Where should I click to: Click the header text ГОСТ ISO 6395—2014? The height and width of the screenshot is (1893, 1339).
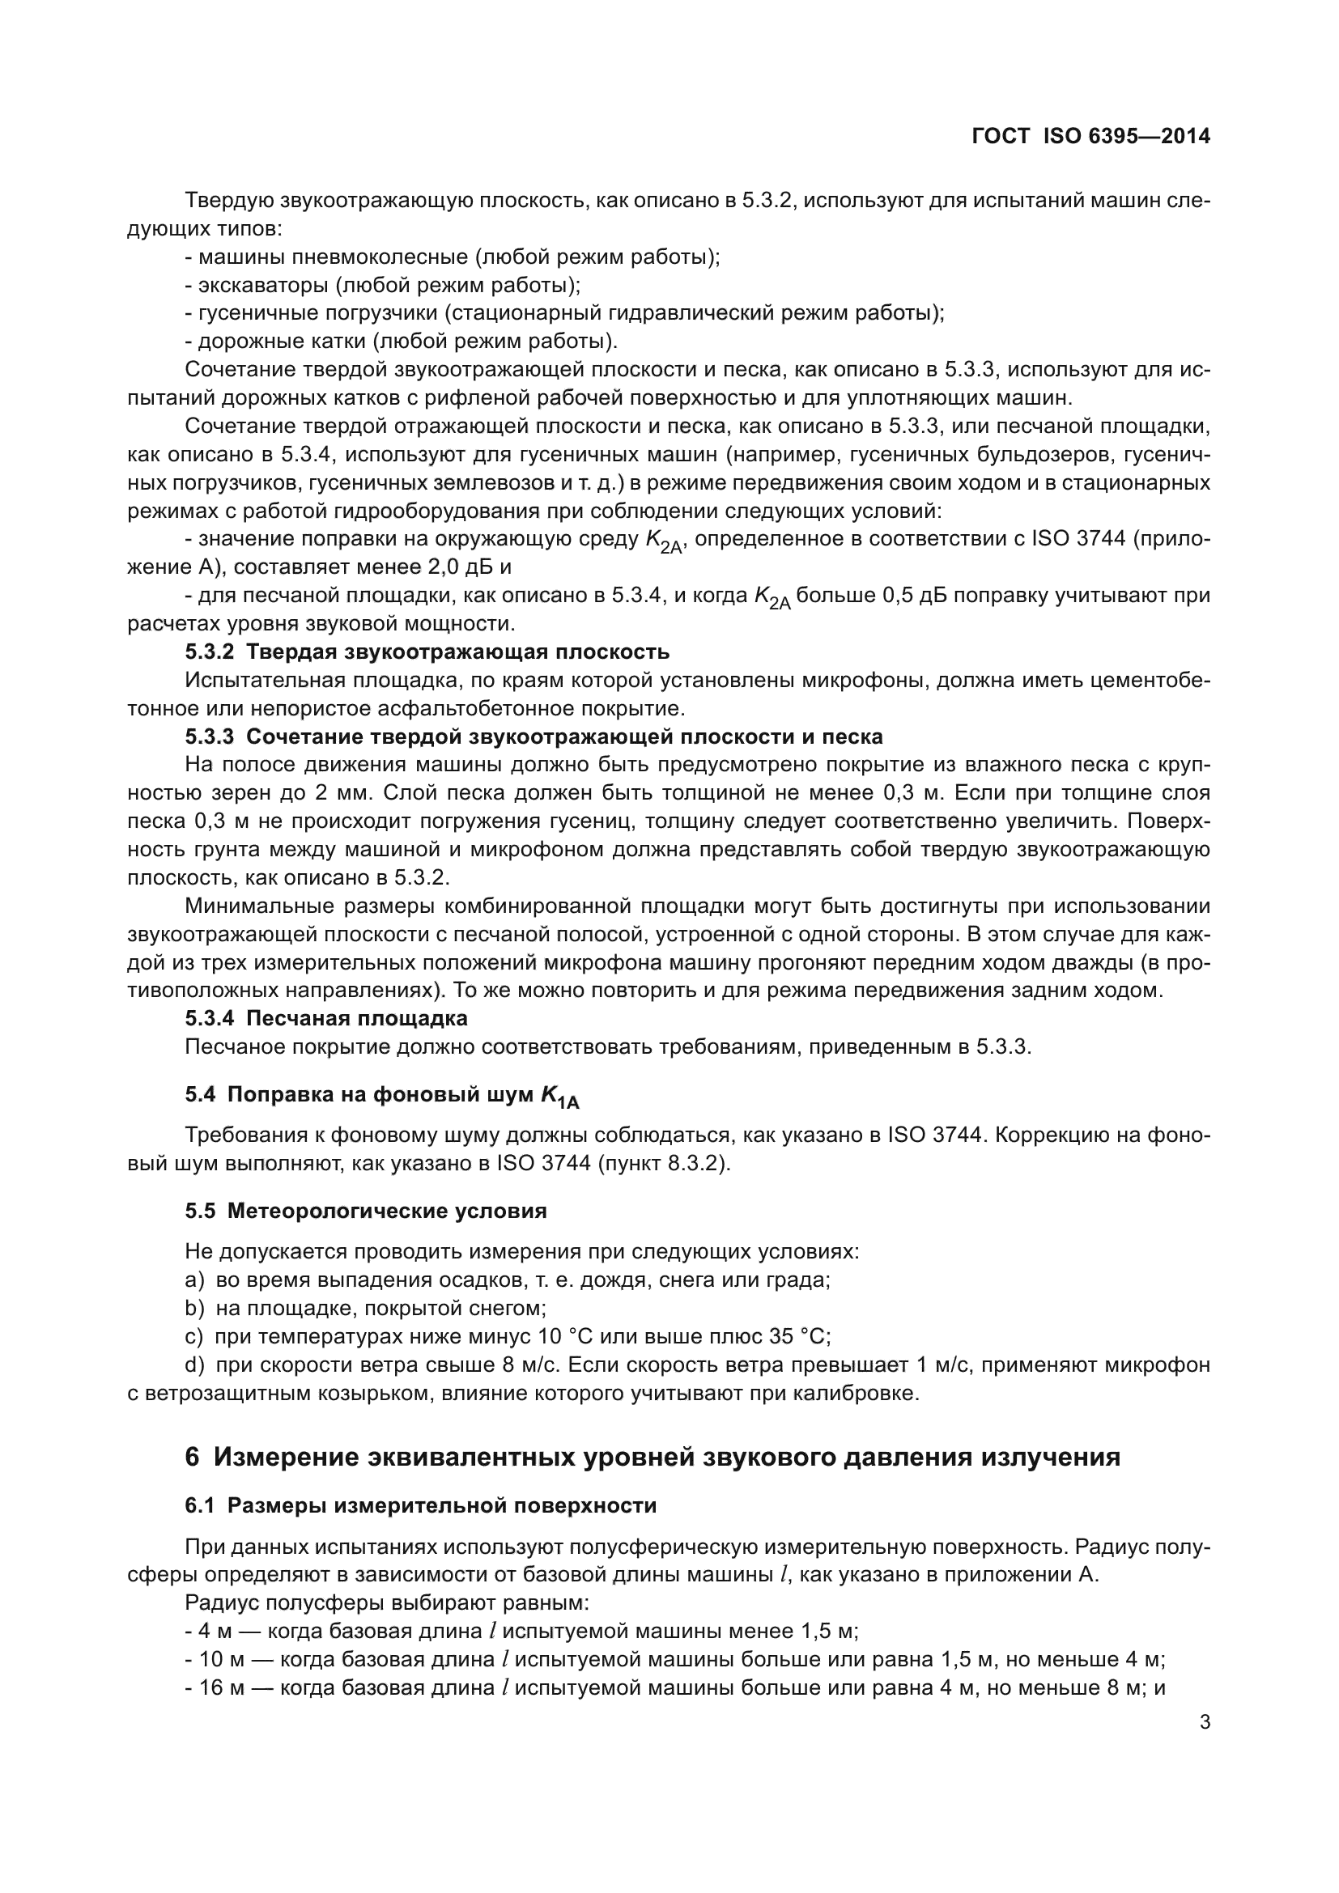click(x=1090, y=137)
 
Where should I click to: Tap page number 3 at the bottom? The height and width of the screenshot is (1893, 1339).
click(x=1205, y=1722)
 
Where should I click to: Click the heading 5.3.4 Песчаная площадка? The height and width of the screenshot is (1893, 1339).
click(x=325, y=1018)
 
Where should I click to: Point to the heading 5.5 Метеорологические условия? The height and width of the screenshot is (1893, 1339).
click(x=365, y=1212)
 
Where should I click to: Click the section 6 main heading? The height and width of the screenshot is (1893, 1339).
click(x=652, y=1458)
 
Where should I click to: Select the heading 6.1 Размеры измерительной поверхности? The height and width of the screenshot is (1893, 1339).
click(x=420, y=1505)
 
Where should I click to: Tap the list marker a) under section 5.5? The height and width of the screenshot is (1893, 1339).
click(x=193, y=1280)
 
